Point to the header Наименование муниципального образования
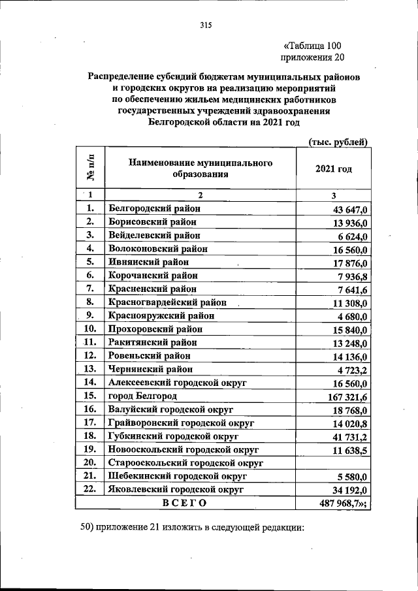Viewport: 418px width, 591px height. (200, 168)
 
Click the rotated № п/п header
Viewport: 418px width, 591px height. (90, 168)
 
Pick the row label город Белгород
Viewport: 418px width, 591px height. (142, 396)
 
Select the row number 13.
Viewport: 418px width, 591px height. (91, 369)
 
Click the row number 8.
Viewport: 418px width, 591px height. (91, 302)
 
